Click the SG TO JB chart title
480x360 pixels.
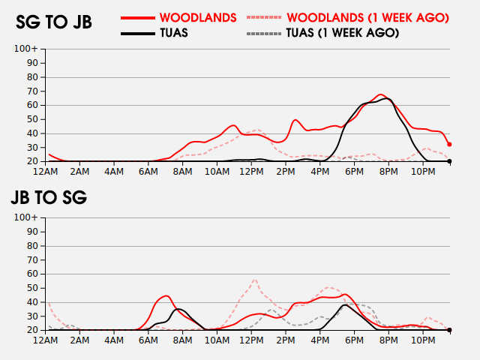pos(54,22)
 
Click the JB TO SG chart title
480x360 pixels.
pos(49,198)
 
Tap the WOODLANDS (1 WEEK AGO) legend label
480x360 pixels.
pos(367,17)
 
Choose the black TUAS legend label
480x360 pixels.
pos(173,33)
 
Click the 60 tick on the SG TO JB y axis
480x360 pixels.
pos(33,105)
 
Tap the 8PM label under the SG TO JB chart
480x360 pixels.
pos(388,172)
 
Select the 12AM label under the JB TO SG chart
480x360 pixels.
pos(46,340)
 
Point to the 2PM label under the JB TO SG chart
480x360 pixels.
pos(286,340)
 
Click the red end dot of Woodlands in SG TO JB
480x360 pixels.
pos(449,145)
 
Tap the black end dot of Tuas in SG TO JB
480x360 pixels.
pos(449,161)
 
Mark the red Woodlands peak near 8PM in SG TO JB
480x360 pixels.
pos(381,94)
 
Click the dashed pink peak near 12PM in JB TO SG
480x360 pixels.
pos(255,279)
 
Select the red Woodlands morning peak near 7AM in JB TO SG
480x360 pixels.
pos(166,295)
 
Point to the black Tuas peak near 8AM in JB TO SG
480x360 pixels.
pos(178,309)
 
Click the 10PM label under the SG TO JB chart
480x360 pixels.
pos(423,172)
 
